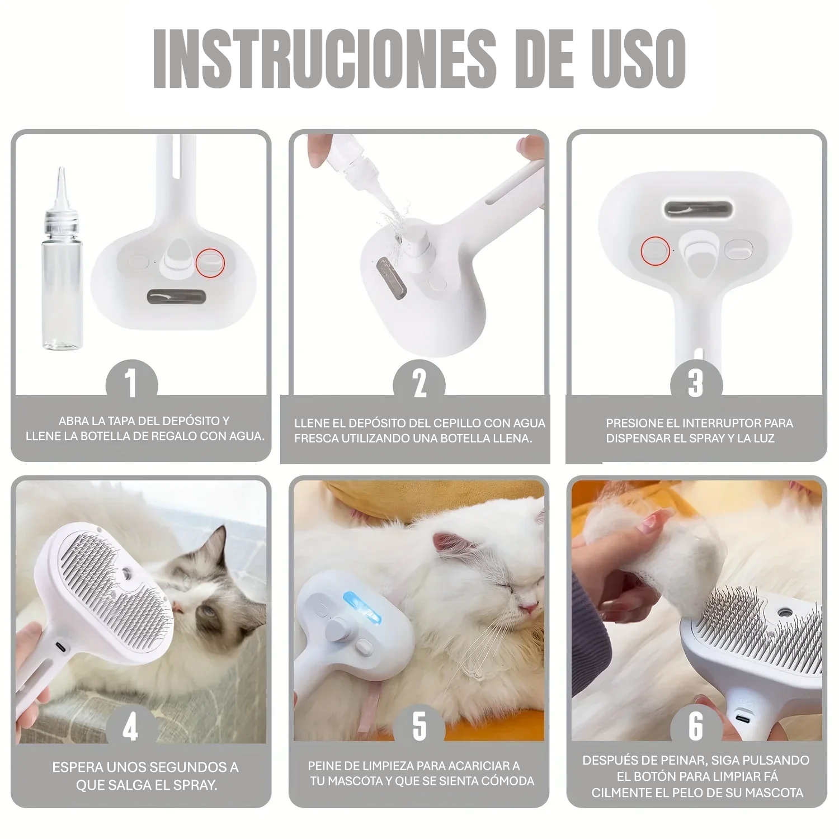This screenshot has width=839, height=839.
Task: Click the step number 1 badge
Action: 131,384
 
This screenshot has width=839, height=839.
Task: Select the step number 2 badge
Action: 419,384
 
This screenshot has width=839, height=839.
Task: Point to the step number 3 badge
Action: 696,384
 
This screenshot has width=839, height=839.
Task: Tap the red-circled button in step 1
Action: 210,261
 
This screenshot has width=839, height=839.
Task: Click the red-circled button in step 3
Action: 656,250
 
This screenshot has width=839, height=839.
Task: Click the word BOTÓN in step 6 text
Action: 661,777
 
